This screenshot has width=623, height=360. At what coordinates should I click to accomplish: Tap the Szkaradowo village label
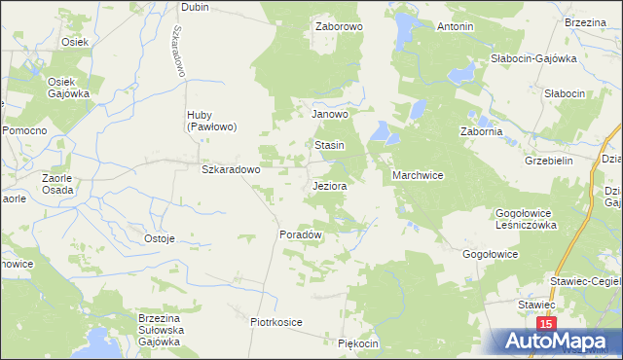click(x=231, y=169)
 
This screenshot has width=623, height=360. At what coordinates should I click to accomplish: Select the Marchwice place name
click(x=419, y=176)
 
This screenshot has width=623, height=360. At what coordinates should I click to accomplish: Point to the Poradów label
click(x=301, y=235)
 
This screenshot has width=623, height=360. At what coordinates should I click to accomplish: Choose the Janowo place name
click(x=330, y=114)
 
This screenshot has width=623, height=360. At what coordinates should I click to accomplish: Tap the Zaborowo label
click(x=339, y=27)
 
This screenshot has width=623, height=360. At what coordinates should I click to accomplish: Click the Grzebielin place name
click(x=548, y=161)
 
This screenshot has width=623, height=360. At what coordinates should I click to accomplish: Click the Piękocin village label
click(x=357, y=344)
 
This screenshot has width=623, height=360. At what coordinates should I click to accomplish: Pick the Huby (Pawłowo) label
click(x=213, y=120)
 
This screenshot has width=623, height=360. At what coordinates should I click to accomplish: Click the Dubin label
click(x=195, y=6)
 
